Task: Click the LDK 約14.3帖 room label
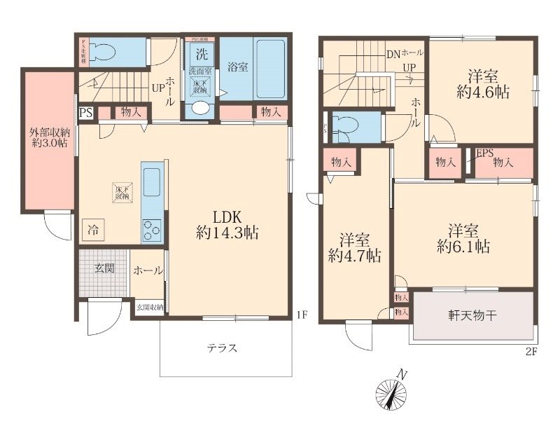226,225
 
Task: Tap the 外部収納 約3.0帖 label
48,137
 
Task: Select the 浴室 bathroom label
237,68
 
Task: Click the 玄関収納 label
149,307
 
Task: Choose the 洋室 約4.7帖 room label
354,247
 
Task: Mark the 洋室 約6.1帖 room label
463,238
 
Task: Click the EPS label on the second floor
484,153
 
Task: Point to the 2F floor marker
530,352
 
